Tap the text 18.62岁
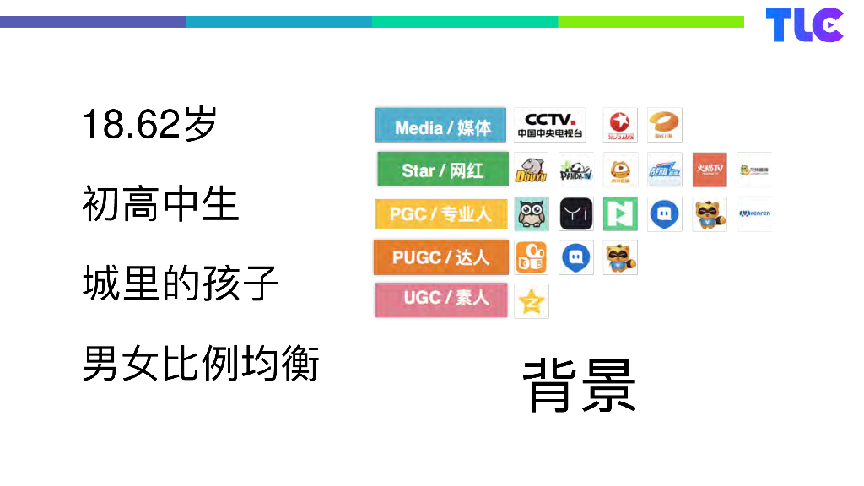[x=150, y=125]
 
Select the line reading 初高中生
[x=160, y=204]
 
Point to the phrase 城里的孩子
[x=181, y=283]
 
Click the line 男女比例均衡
[x=201, y=364]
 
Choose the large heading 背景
[x=580, y=386]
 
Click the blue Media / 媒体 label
[x=441, y=127]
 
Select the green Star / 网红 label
[x=442, y=170]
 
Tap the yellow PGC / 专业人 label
[x=440, y=214]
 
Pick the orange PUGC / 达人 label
[x=440, y=257]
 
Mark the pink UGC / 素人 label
[x=440, y=300]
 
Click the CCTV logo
[x=549, y=125]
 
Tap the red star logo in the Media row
[x=620, y=125]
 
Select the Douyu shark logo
[x=531, y=170]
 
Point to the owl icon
[x=532, y=214]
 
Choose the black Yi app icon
[x=576, y=214]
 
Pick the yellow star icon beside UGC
[x=532, y=301]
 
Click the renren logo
[x=753, y=214]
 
